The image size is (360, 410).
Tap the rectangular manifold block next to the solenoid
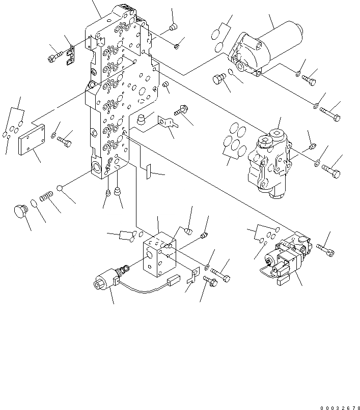tap(159, 252)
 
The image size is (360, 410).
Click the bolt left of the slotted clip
tap(54, 58)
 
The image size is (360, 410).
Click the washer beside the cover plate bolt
tap(54, 135)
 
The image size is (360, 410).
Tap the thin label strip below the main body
tap(149, 171)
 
